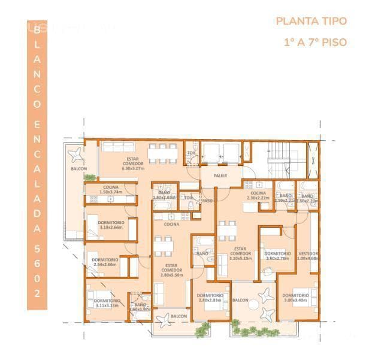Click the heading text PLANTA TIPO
click(311, 21)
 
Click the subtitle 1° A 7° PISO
click(315, 43)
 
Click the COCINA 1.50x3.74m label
click(111, 190)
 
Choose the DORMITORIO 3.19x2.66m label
click(110, 225)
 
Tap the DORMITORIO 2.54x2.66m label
click(105, 261)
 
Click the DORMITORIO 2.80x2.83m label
click(210, 297)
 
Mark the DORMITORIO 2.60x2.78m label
click(277, 255)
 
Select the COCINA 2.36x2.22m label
click(259, 196)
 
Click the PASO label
click(208, 201)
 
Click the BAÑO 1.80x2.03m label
click(163, 195)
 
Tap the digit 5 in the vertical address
click(37, 246)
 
